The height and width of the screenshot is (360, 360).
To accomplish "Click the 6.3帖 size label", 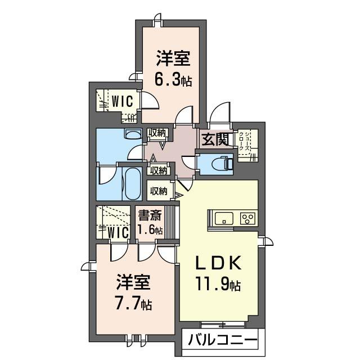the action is coord(173,80).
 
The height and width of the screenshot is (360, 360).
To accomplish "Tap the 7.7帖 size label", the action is coord(133,304).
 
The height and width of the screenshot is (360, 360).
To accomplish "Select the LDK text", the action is coord(218,263).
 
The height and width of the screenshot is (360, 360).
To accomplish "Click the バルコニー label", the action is coord(223,340).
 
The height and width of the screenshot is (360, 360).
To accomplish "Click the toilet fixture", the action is coord(222,163).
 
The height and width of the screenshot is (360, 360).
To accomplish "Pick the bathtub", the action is coord(133,184).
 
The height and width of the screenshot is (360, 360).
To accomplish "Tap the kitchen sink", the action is coord(224,218).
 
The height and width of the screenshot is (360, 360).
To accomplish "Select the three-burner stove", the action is coord(247,218).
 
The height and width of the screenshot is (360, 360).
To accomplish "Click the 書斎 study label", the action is coord(150,215).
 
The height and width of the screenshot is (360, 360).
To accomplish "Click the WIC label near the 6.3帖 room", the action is coord(123,101).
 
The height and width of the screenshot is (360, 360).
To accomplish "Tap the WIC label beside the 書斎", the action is coord(118,232).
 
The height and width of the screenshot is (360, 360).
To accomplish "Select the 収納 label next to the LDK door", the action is coord(159,191).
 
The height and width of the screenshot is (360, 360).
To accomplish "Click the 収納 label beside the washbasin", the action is coord(157,133).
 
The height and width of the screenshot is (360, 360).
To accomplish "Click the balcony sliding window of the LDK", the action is coord(222,325).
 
